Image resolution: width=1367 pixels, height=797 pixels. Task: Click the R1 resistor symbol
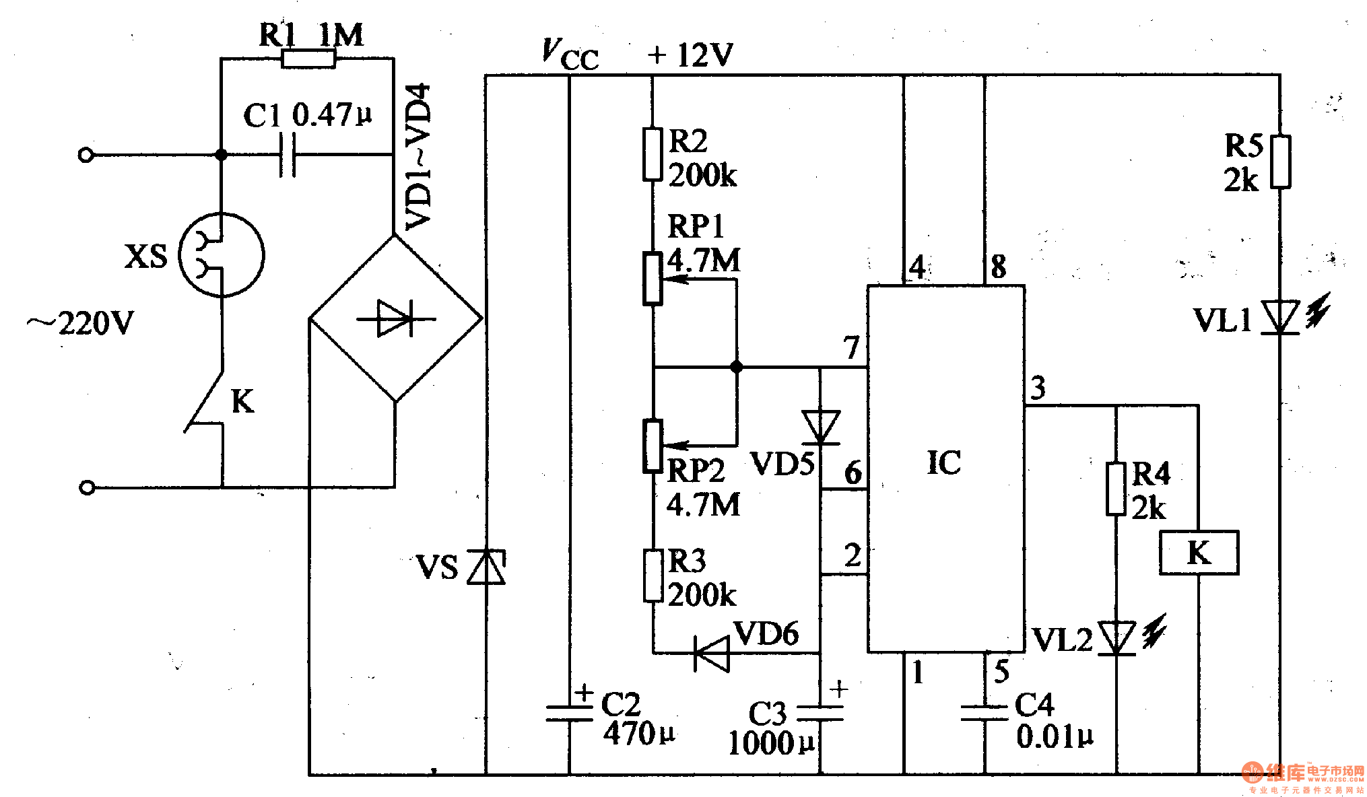pos(308,59)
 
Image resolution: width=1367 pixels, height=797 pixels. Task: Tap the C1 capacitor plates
pos(288,155)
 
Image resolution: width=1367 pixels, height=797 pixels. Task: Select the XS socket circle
pos(222,255)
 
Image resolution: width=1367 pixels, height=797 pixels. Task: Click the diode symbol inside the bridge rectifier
pos(396,318)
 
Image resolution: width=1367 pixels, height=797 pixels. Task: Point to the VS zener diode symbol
pos(487,567)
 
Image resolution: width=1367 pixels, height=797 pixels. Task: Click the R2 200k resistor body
pos(653,154)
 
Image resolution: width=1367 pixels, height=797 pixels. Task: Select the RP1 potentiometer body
pos(653,279)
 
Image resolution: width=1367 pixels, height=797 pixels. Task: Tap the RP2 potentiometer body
pos(653,446)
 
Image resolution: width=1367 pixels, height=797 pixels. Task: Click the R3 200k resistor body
pos(653,576)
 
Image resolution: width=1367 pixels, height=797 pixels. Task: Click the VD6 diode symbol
pos(712,653)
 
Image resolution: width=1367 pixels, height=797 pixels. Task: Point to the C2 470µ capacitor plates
pos(570,714)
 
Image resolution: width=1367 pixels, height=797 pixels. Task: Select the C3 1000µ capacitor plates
pos(820,714)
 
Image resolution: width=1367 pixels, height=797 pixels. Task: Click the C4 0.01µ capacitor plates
pos(985,714)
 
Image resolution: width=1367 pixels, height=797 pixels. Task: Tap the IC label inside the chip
pos(944,463)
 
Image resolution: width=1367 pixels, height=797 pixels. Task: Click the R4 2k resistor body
pos(1116,489)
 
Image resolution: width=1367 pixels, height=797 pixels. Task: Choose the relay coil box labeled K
pos(1199,553)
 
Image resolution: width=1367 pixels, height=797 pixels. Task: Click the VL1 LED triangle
pos(1279,317)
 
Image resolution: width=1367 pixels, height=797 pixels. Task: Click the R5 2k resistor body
pos(1280,162)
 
